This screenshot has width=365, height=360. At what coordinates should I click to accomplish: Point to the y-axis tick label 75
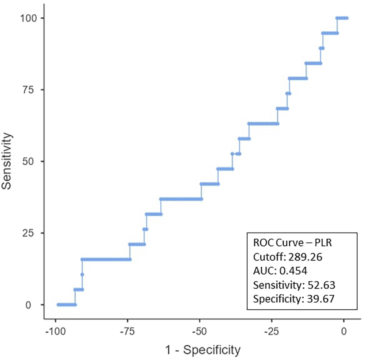point(28,90)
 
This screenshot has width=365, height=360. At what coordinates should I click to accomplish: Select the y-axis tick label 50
point(28,161)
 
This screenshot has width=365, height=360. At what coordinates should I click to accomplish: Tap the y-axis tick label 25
point(28,233)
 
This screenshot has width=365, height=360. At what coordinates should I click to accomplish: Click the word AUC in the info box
point(263,271)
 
